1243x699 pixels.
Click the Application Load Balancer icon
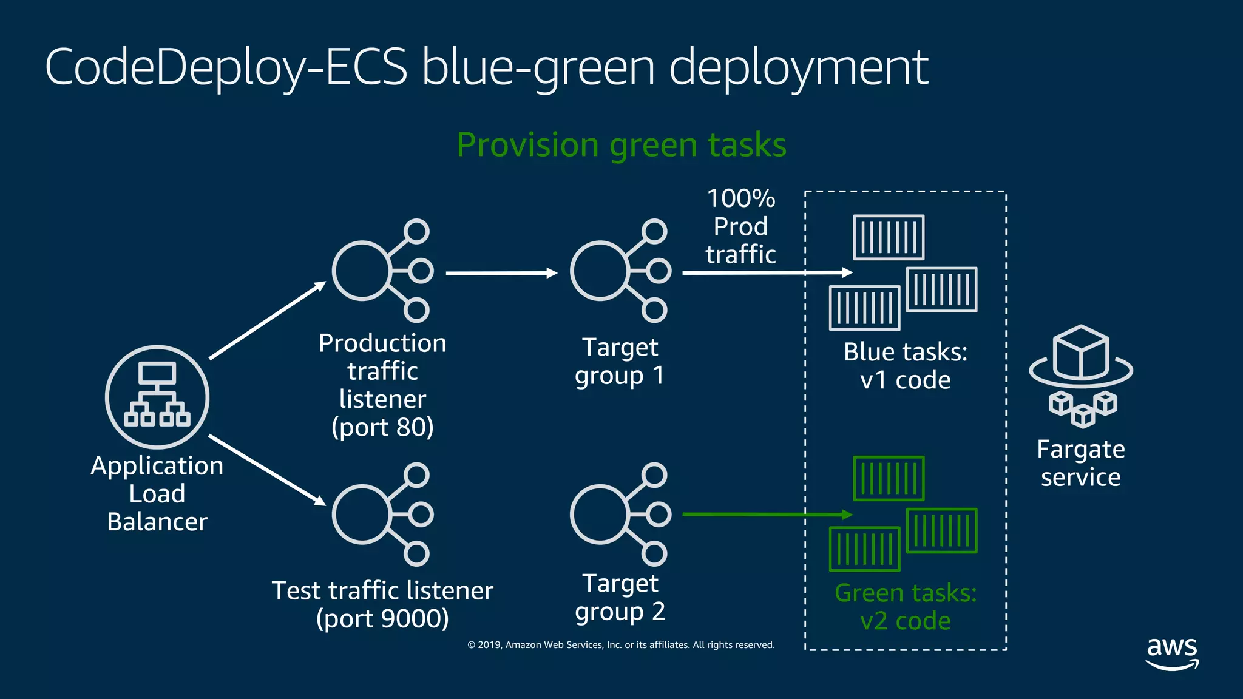click(157, 397)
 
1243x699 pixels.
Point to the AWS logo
click(1172, 653)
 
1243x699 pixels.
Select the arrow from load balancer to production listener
click(267, 320)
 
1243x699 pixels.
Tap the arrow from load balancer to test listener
click(267, 470)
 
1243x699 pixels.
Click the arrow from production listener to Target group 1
click(501, 273)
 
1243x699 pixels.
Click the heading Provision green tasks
click(621, 145)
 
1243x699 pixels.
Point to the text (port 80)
click(382, 427)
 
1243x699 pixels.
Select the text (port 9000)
click(382, 618)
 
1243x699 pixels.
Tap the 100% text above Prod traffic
click(741, 198)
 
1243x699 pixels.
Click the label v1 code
click(905, 380)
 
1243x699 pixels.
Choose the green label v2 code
click(905, 621)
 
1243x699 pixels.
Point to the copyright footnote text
click(621, 644)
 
